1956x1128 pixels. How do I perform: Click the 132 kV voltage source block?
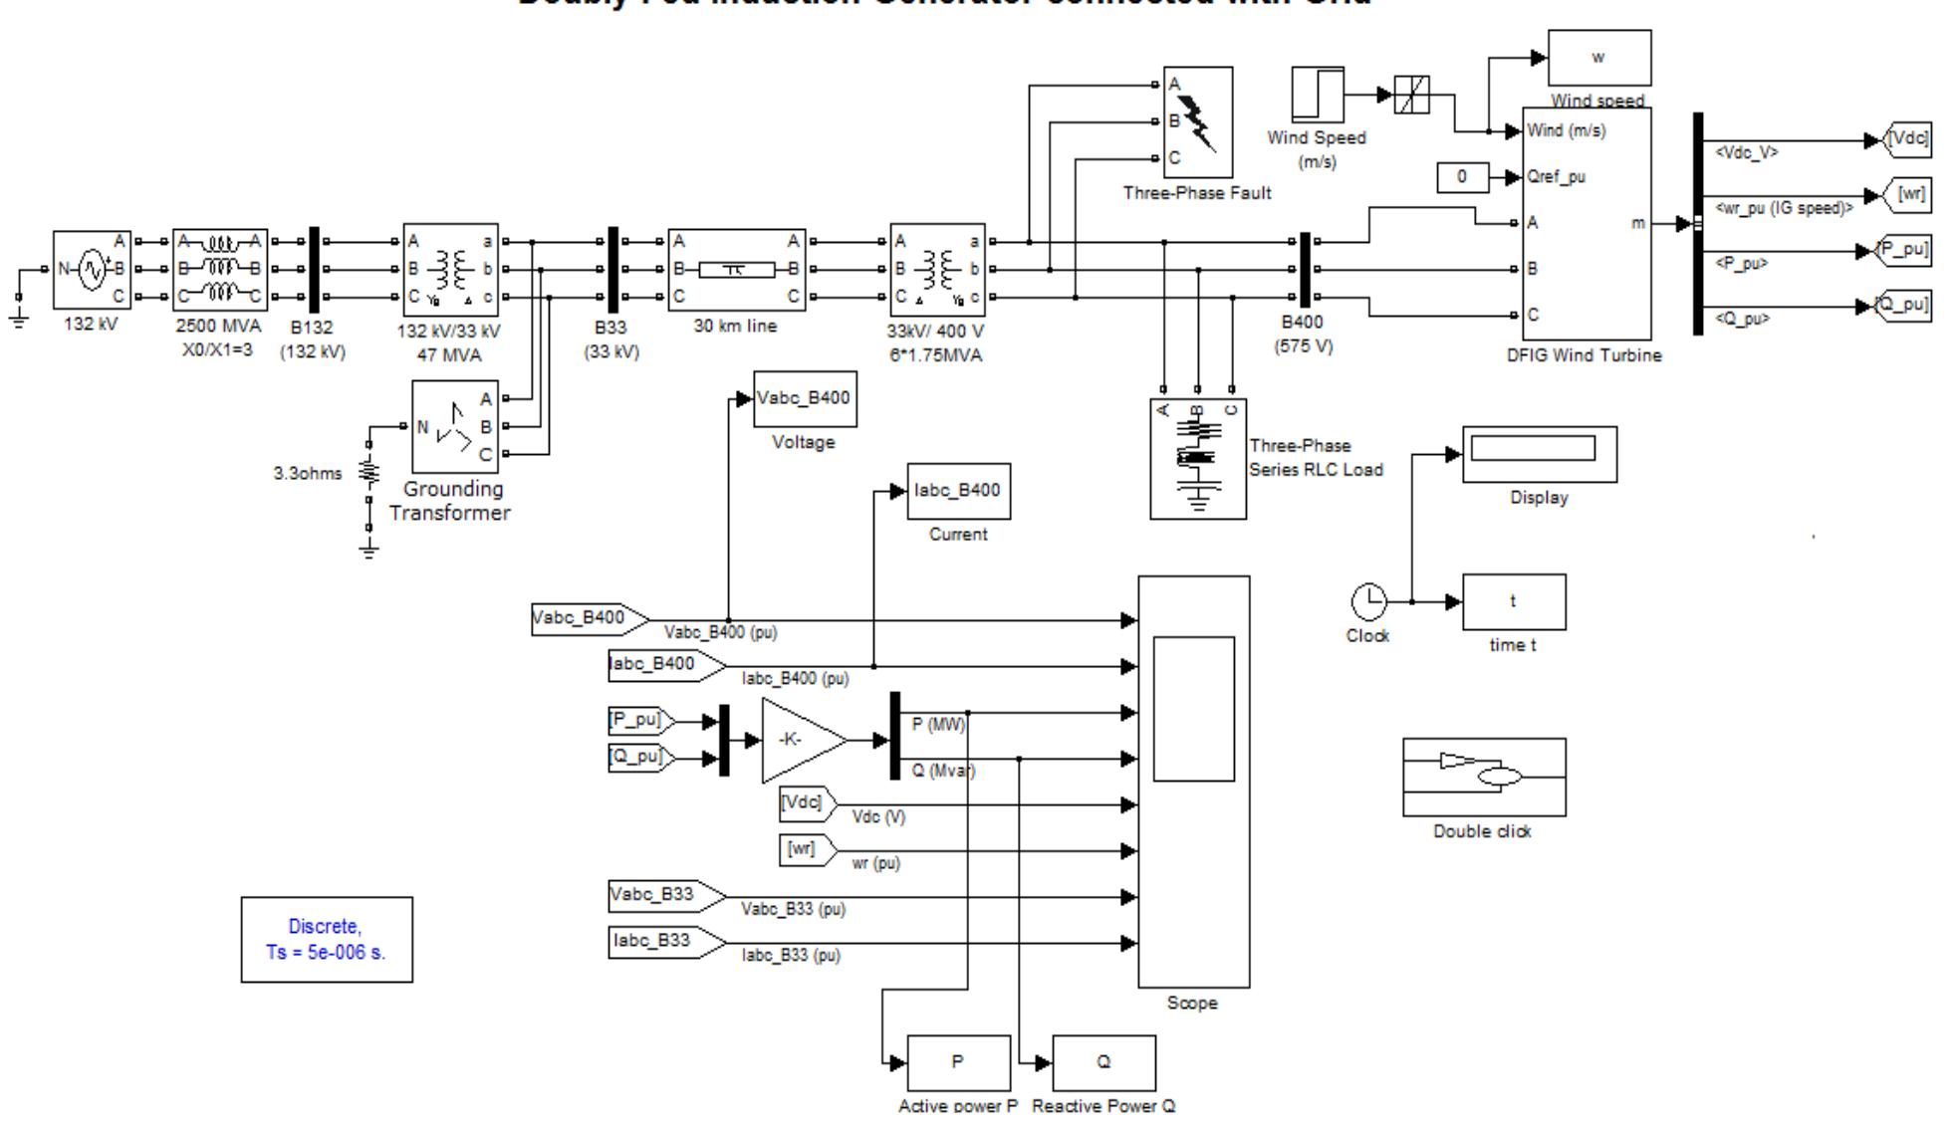pyautogui.click(x=92, y=270)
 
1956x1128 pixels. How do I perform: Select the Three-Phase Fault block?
pyautogui.click(x=1198, y=122)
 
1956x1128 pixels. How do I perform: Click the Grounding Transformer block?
pyautogui.click(x=455, y=427)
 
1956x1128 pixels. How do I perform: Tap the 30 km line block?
pyautogui.click(x=736, y=269)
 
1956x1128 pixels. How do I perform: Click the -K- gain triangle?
pyautogui.click(x=799, y=740)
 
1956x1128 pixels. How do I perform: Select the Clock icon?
pyautogui.click(x=1368, y=601)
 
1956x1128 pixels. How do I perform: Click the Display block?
pyautogui.click(x=1539, y=454)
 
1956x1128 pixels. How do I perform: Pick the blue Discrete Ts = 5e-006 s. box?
pyautogui.click(x=327, y=939)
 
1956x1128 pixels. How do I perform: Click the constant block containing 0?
pyautogui.click(x=1462, y=177)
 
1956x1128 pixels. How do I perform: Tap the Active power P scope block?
pyautogui.click(x=958, y=1062)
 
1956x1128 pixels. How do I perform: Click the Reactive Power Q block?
pyautogui.click(x=1103, y=1062)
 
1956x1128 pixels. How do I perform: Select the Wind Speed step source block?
pyautogui.click(x=1318, y=96)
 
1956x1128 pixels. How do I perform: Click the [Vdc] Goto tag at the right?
pyautogui.click(x=1908, y=139)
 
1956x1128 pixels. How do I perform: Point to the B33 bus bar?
pyautogui.click(x=612, y=270)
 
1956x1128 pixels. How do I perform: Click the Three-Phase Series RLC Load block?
pyautogui.click(x=1198, y=459)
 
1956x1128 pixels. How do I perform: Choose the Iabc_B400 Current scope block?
pyautogui.click(x=958, y=491)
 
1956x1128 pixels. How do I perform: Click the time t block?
pyautogui.click(x=1513, y=601)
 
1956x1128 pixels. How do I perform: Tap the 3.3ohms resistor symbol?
pyautogui.click(x=369, y=473)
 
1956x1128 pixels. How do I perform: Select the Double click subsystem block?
pyautogui.click(x=1484, y=777)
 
